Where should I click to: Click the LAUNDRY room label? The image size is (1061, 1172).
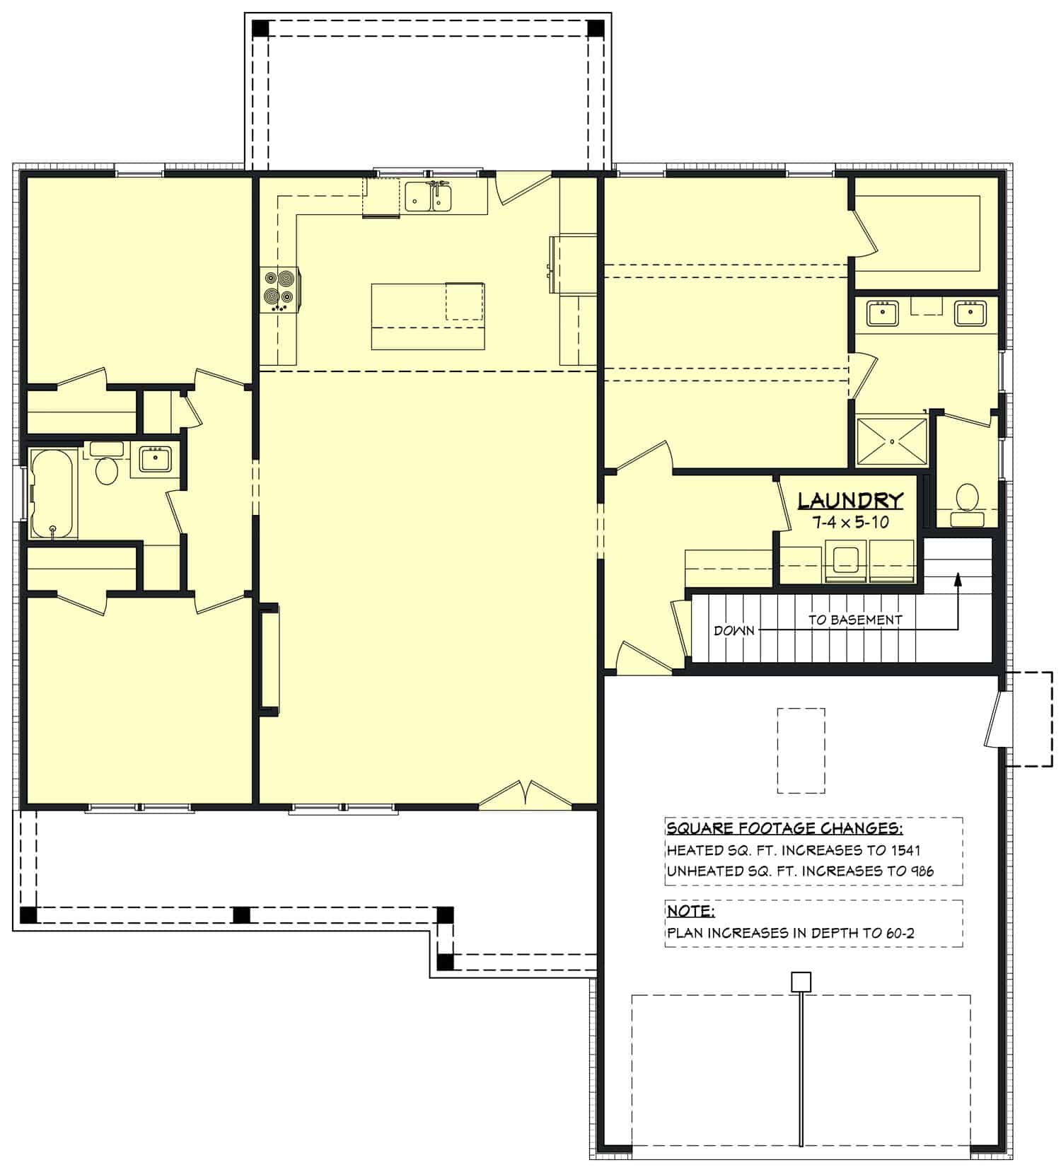[x=850, y=501]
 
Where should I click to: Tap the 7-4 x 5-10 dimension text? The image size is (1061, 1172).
[x=850, y=523]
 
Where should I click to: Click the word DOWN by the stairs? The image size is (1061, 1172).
[x=734, y=630]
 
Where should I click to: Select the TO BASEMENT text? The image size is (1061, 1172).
[x=855, y=620]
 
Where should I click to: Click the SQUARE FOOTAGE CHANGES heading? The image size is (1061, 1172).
[x=784, y=828]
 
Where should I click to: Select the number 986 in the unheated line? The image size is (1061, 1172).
[x=920, y=871]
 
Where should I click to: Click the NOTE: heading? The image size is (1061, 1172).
[x=690, y=910]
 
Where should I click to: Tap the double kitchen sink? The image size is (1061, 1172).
[x=429, y=197]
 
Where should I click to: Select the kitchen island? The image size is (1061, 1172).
[x=428, y=316]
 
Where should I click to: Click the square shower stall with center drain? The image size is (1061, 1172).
[x=892, y=441]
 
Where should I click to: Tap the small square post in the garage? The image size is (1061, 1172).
[x=801, y=982]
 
